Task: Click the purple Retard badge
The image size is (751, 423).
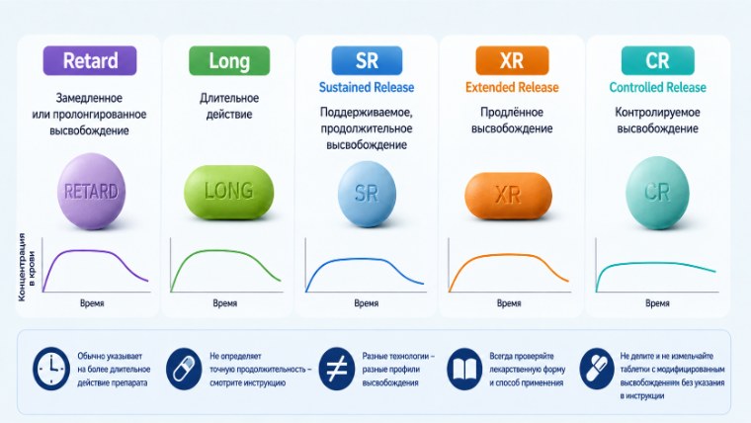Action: (x=90, y=60)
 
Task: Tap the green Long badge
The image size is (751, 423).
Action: (x=229, y=60)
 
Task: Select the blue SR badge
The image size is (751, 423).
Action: (x=367, y=60)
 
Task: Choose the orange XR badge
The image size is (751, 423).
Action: (x=512, y=60)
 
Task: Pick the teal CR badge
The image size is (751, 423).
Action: (x=657, y=60)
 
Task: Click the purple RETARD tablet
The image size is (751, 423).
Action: (x=91, y=191)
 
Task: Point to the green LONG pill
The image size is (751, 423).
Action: (x=229, y=192)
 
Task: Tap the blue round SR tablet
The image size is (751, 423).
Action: (x=367, y=194)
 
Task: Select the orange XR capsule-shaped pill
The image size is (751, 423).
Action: (x=508, y=196)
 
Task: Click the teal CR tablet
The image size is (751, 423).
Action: (x=657, y=193)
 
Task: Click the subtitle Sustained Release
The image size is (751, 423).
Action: (x=367, y=87)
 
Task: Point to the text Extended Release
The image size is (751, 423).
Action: (x=512, y=87)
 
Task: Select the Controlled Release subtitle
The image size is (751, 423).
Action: (x=657, y=87)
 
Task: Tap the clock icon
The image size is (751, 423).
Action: (x=51, y=369)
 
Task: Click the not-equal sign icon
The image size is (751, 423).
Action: (x=337, y=369)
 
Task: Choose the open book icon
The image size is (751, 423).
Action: (x=464, y=369)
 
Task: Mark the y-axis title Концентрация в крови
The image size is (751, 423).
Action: (x=27, y=267)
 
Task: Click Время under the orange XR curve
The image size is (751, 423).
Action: (x=509, y=303)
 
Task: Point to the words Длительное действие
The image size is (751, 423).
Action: (x=229, y=106)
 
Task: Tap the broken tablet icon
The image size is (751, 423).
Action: (x=596, y=369)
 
